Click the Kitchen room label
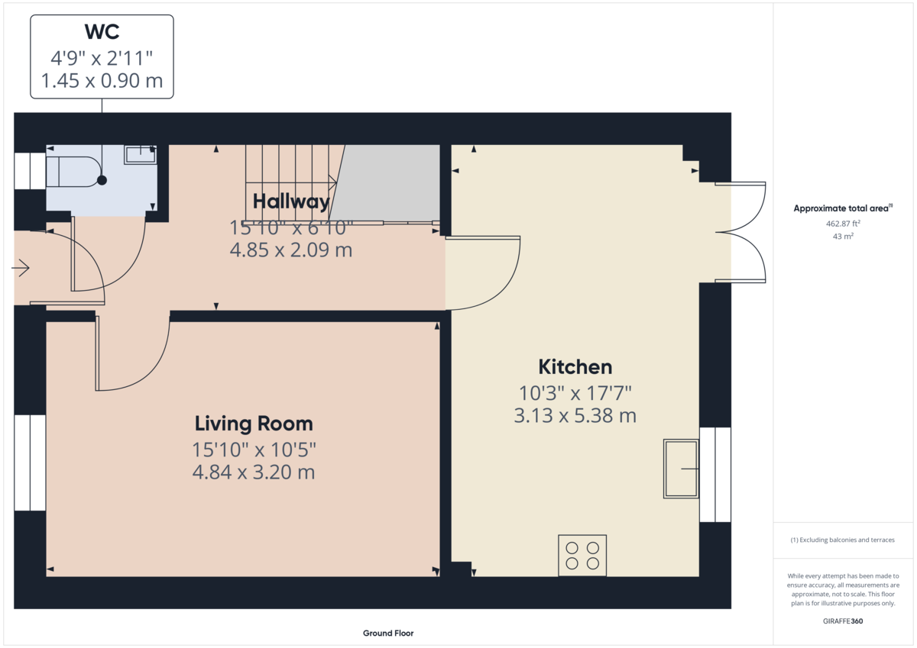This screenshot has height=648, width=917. point(575,367)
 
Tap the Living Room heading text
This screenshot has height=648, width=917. point(254,424)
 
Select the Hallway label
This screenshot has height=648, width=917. point(291,201)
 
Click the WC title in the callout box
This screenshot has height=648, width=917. point(102,33)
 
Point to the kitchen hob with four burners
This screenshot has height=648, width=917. point(582,555)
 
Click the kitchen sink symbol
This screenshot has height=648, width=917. point(680,469)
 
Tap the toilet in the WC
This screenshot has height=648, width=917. point(73,172)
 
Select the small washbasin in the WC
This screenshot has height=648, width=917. point(140,155)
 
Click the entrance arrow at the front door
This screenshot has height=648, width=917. point(21,269)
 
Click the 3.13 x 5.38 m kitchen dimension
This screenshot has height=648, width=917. point(575,416)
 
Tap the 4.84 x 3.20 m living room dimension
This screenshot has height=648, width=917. point(254,472)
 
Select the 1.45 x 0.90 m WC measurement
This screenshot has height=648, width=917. point(102,81)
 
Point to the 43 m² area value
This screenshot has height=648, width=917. point(842,237)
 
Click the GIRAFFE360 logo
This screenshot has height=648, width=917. point(842,621)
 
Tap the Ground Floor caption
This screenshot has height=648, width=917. point(388,633)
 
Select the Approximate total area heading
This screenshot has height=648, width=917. point(842,208)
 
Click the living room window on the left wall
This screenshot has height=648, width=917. point(30,463)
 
